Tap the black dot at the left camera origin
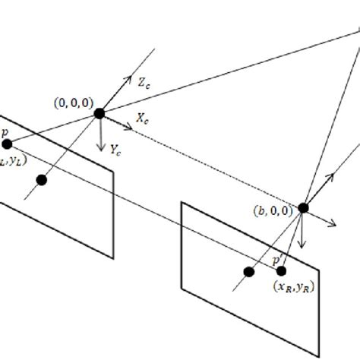point(99,113)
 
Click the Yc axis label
point(116,150)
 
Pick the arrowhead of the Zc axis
point(123,79)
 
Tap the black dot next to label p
point(7,144)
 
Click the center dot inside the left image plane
point(42,180)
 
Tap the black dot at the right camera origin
point(303,207)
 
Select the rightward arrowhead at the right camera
point(334,223)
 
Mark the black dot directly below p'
point(281,271)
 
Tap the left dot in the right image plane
point(248,271)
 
